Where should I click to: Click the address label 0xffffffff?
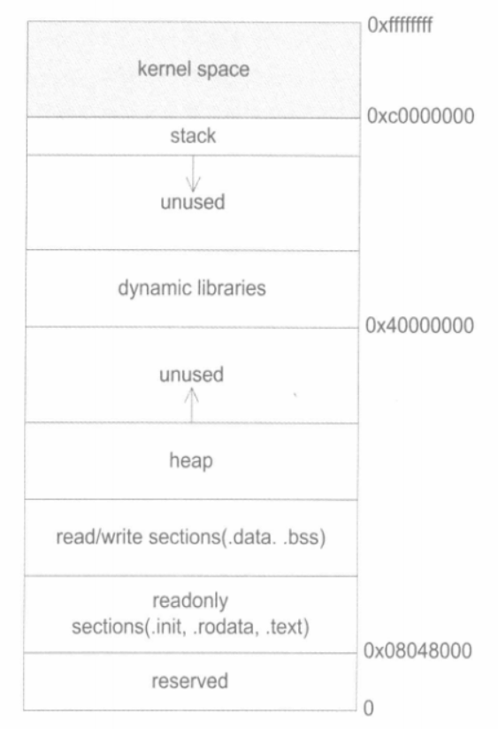pyautogui.click(x=400, y=25)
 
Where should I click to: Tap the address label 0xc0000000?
pyautogui.click(x=420, y=116)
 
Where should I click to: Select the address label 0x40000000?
pyautogui.click(x=419, y=325)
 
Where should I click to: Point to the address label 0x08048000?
pyautogui.click(x=418, y=650)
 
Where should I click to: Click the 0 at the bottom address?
pyautogui.click(x=368, y=708)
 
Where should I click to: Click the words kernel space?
pyautogui.click(x=193, y=69)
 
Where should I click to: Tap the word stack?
pyautogui.click(x=193, y=136)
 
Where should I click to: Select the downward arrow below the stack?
pyautogui.click(x=193, y=174)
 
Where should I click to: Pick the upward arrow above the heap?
pyautogui.click(x=191, y=405)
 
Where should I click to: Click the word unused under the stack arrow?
pyautogui.click(x=193, y=202)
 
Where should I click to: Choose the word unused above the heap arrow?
pyautogui.click(x=191, y=375)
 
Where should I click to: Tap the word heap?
pyautogui.click(x=191, y=460)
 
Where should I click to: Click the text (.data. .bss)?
pyautogui.click(x=273, y=537)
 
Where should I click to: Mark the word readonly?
pyautogui.click(x=190, y=601)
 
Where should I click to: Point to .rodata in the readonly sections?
pyautogui.click(x=225, y=627)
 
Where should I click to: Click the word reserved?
pyautogui.click(x=190, y=681)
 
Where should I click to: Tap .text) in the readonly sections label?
pyautogui.click(x=287, y=627)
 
